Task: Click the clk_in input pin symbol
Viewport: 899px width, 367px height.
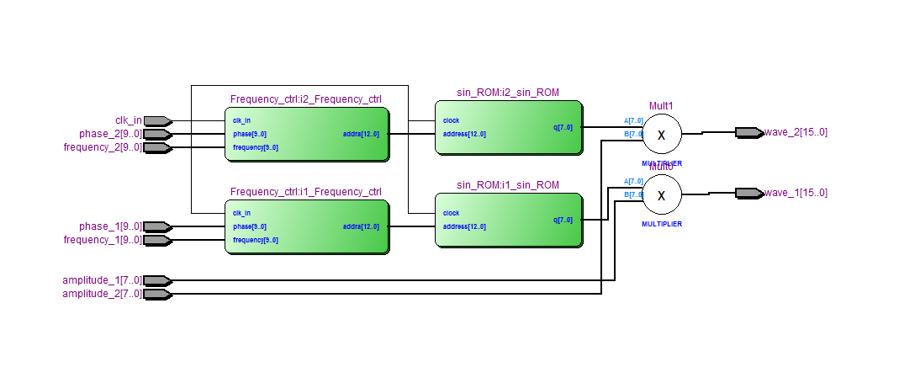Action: (x=157, y=120)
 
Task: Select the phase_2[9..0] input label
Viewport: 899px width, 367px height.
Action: (x=110, y=134)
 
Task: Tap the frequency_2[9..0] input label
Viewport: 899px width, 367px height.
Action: (x=103, y=147)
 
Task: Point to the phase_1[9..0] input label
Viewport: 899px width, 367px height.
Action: (x=110, y=226)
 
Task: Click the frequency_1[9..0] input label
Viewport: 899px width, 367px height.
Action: (x=103, y=240)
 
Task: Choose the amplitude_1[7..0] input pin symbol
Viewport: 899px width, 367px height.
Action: (x=157, y=280)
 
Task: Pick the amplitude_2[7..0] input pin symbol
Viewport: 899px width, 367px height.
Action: (x=157, y=294)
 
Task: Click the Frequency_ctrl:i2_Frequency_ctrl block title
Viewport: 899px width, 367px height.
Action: (x=305, y=99)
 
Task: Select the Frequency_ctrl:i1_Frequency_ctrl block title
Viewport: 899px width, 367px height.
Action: (x=305, y=192)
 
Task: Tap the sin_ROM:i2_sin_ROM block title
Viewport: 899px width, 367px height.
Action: (x=507, y=93)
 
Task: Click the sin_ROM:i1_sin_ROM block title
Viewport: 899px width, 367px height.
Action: (x=507, y=185)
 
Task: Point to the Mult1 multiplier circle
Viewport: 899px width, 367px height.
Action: (x=661, y=134)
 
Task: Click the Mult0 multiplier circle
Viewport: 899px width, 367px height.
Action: (x=661, y=195)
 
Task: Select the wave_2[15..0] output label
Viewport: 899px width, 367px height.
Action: (x=796, y=132)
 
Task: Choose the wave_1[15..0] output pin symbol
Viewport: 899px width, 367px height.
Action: (x=748, y=193)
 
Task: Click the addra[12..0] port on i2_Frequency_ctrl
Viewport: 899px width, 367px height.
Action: (x=361, y=134)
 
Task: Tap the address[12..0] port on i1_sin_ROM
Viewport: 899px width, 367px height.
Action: (x=464, y=226)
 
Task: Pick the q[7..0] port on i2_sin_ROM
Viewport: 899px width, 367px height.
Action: (x=563, y=128)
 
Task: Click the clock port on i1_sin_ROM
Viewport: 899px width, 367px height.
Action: (x=452, y=213)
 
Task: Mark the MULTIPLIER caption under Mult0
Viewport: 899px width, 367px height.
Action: (x=661, y=225)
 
